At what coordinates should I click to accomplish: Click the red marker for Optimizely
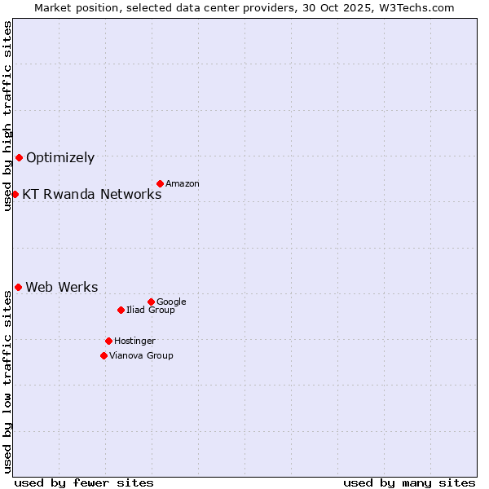[x=19, y=157]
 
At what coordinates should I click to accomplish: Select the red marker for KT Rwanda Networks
[x=15, y=194]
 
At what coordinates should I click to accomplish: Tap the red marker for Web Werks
[x=18, y=287]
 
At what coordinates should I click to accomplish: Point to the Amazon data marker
[x=160, y=183]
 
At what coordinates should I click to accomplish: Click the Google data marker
[x=151, y=302]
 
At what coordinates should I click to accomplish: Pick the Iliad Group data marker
[x=121, y=310]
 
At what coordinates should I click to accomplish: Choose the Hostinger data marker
[x=108, y=341]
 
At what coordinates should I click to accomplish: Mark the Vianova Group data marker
[x=104, y=355]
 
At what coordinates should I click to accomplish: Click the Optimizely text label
[x=60, y=158]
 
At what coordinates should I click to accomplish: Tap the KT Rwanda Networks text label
[x=92, y=194]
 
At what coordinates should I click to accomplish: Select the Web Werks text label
[x=62, y=287]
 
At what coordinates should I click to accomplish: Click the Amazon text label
[x=183, y=184]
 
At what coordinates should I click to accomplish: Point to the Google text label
[x=171, y=302]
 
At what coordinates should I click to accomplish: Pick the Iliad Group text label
[x=151, y=311]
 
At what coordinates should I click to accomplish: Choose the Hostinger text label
[x=134, y=341]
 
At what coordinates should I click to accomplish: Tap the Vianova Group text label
[x=141, y=356]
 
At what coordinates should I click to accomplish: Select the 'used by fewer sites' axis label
[x=84, y=482]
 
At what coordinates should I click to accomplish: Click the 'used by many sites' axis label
[x=409, y=482]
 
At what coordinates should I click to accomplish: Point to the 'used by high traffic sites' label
[x=7, y=116]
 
